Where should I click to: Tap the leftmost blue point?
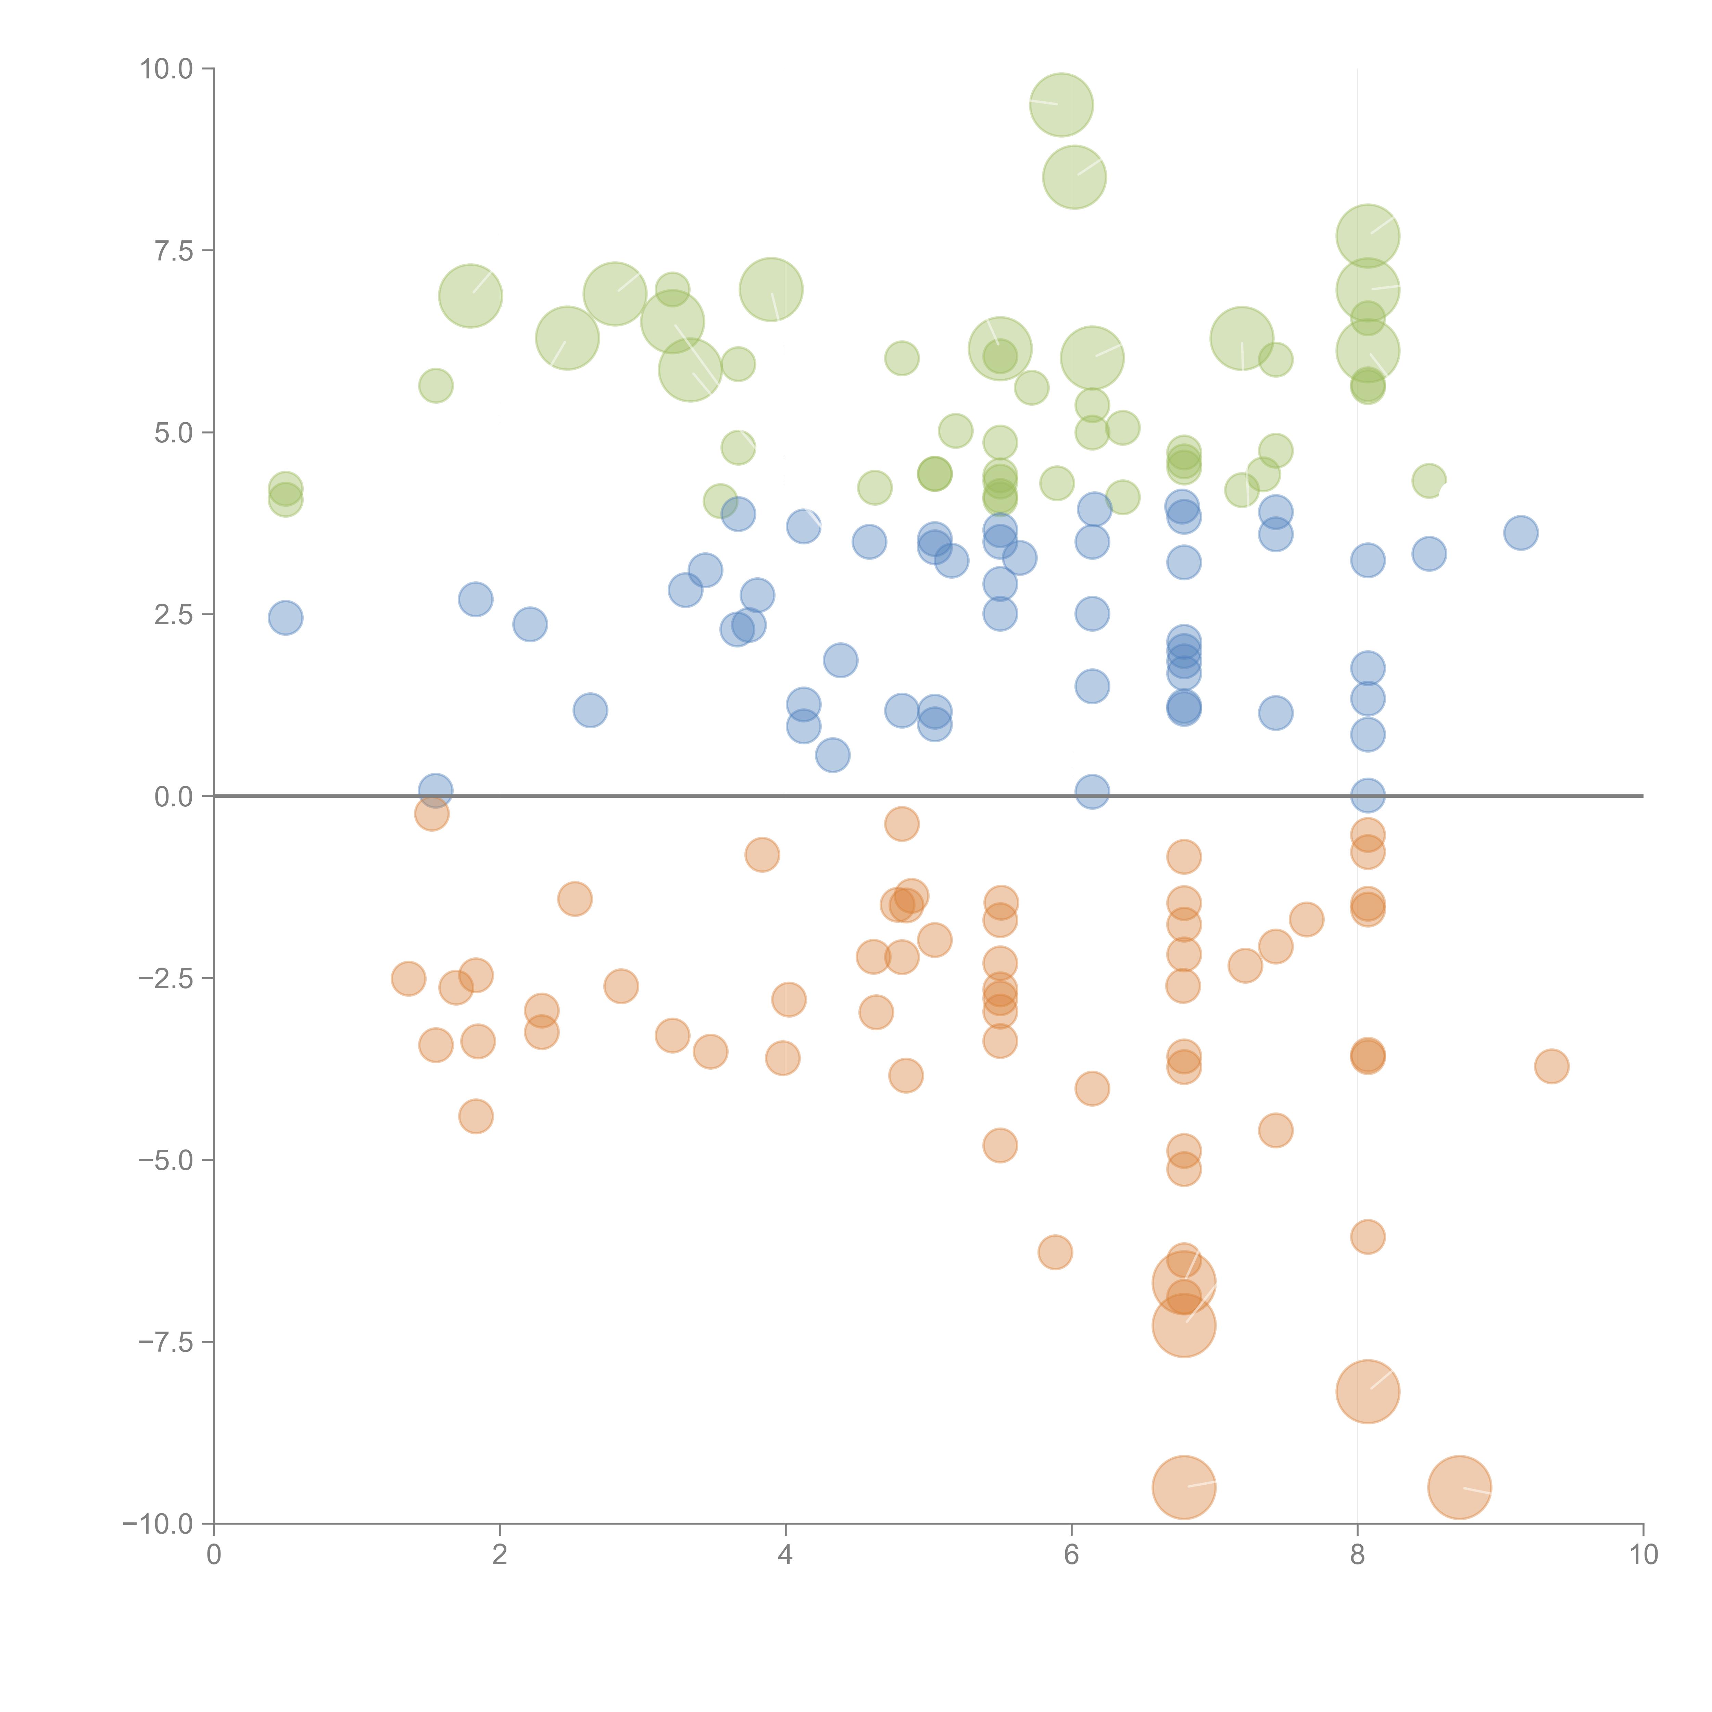pos(285,618)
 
